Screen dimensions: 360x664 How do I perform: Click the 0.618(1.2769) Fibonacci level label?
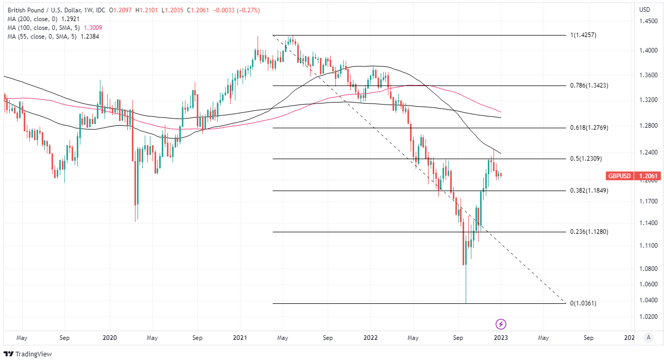[589, 127]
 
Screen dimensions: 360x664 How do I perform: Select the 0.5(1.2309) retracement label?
[586, 159]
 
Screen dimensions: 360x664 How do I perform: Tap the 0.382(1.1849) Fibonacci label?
[589, 191]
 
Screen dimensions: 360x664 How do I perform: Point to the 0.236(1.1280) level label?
[589, 232]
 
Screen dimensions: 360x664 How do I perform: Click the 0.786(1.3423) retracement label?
[589, 85]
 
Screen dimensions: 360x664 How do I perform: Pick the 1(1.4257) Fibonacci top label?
[583, 35]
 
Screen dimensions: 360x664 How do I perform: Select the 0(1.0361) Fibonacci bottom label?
[583, 303]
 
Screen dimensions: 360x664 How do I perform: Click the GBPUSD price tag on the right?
[619, 176]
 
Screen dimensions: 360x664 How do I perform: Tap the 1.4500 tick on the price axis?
[648, 22]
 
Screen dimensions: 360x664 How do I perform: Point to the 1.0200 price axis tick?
[648, 316]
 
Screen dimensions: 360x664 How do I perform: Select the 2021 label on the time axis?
[241, 338]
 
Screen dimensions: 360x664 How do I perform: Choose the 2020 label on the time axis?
[110, 338]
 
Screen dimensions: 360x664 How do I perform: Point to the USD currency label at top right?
[644, 10]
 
